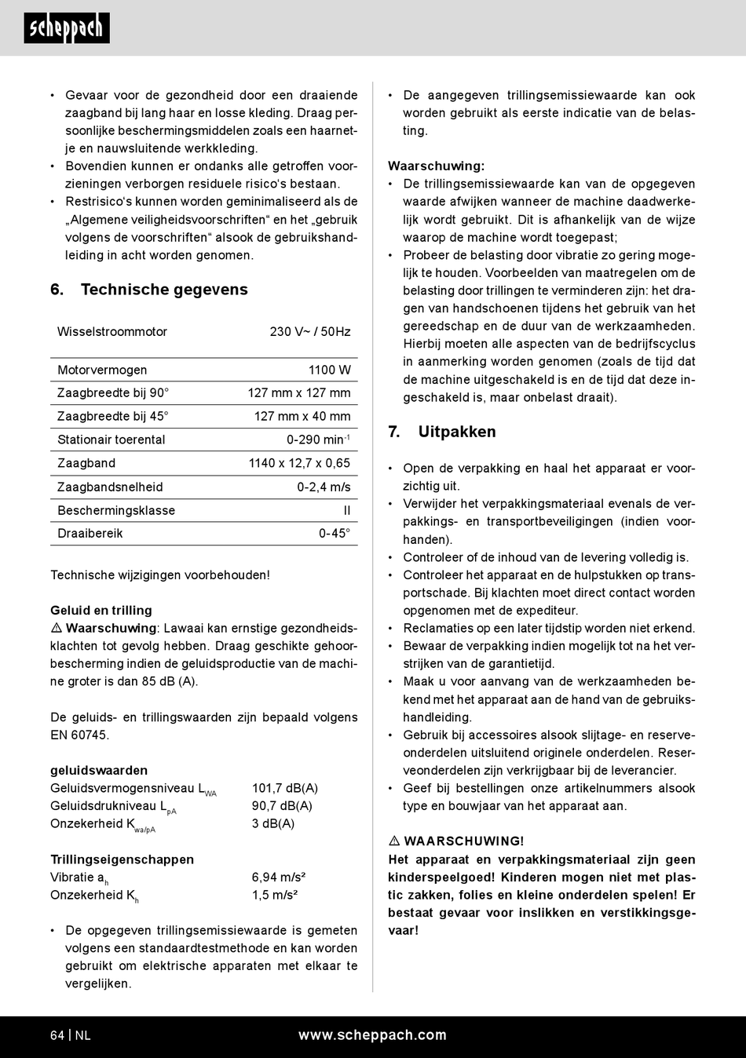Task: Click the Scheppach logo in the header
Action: click(67, 28)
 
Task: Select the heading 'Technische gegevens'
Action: click(163, 290)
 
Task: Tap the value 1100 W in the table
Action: click(329, 370)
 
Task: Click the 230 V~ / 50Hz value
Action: click(309, 332)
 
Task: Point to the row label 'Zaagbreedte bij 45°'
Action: click(112, 416)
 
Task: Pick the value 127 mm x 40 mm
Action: click(302, 416)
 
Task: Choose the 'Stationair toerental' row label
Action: click(111, 440)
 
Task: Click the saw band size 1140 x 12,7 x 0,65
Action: click(299, 463)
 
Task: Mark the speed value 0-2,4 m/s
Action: click(324, 487)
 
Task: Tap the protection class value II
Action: click(346, 510)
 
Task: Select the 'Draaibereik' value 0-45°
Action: click(334, 534)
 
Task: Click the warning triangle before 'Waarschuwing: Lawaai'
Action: click(57, 629)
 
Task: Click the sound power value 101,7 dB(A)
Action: click(284, 788)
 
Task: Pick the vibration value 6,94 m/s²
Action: click(278, 877)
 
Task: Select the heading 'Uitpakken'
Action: click(456, 432)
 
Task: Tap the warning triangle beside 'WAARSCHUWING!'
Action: click(394, 841)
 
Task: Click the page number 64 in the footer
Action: click(57, 1035)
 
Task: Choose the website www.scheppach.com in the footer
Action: click(372, 1035)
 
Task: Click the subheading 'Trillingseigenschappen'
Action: click(122, 859)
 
